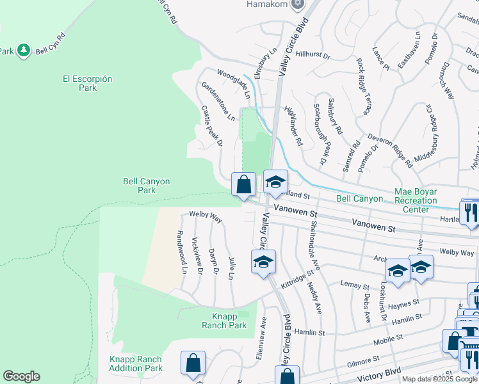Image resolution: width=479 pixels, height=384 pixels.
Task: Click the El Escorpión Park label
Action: tap(87, 83)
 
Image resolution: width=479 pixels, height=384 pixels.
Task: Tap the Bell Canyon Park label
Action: tap(147, 186)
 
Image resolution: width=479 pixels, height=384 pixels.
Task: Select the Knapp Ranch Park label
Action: tap(229, 321)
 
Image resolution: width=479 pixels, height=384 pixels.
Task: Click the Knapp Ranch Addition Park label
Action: tap(135, 363)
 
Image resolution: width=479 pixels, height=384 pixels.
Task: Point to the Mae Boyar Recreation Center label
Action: tap(416, 200)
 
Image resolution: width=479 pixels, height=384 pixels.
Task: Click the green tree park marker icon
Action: tap(24, 50)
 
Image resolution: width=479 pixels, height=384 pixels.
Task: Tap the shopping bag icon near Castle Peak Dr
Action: tap(243, 186)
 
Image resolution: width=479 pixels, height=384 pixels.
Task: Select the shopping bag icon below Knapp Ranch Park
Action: tap(193, 364)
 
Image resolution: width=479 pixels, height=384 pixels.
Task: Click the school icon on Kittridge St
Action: tap(263, 262)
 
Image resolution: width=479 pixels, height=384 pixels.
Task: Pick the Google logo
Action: tap(21, 376)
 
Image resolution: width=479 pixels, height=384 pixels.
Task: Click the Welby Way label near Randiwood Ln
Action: tap(205, 217)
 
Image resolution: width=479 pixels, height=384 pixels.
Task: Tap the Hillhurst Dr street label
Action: tap(313, 56)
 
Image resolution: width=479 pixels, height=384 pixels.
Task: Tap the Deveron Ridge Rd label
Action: tap(391, 151)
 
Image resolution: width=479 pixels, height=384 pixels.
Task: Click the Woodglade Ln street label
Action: tap(232, 84)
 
